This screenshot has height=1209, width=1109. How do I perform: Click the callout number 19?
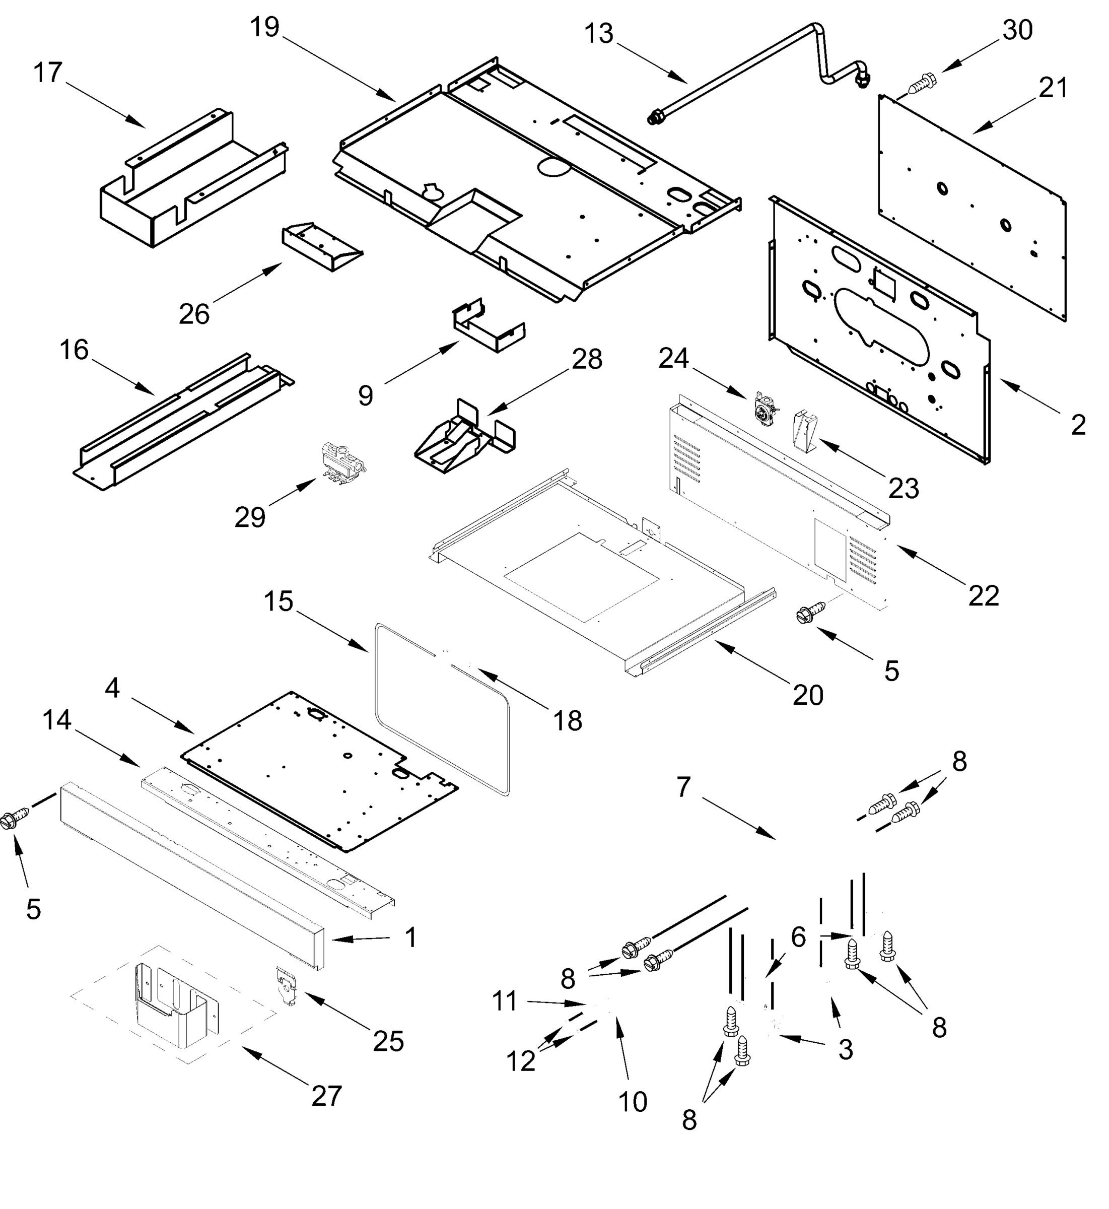264,28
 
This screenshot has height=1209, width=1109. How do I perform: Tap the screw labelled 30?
920,84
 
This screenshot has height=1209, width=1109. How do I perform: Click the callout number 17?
47,73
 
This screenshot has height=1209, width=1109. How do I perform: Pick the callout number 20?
808,695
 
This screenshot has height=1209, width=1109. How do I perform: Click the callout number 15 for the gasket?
279,601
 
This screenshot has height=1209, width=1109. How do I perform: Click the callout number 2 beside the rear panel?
1078,426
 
